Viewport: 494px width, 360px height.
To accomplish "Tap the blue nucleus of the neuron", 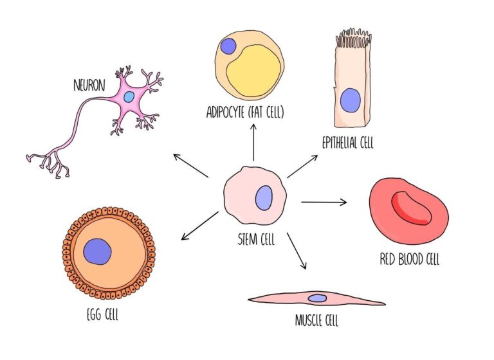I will [x=129, y=96].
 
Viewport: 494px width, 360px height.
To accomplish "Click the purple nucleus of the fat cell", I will [x=228, y=46].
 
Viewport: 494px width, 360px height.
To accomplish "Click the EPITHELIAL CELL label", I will [x=347, y=143].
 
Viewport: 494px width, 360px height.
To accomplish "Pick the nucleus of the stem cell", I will [x=264, y=197].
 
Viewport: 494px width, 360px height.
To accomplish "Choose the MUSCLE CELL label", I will [x=316, y=319].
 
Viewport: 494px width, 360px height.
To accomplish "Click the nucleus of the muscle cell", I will [x=317, y=298].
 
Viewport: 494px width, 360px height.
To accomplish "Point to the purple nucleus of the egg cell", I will [x=98, y=251].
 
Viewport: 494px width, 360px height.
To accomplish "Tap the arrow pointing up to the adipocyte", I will [x=253, y=142].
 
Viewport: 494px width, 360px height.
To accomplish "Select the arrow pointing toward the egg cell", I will [x=199, y=226].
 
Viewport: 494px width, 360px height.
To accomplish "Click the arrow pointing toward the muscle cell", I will [x=297, y=251].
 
